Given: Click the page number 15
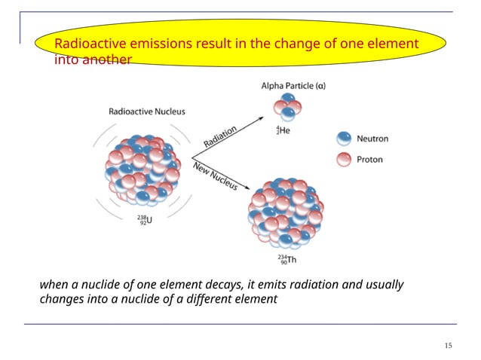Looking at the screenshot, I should coord(449,346).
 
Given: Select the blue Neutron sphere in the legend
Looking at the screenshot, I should coord(344,138).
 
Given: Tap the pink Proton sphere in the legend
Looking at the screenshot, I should coord(344,159).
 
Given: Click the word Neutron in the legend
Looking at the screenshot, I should coord(373,139).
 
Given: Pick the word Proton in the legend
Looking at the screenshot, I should coord(370,160).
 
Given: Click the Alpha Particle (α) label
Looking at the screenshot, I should coord(293,87).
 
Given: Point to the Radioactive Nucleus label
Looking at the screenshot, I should coord(147,111).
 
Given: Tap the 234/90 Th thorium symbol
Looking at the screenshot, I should coord(286,261).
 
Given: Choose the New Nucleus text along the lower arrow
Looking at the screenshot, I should coord(215,175).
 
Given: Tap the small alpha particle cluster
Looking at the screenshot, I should coord(287,107).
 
